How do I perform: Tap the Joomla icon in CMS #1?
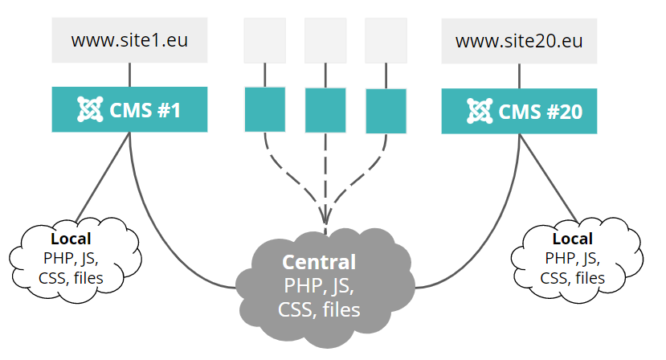(87, 109)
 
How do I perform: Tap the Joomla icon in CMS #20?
(479, 110)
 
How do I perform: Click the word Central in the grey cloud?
(318, 262)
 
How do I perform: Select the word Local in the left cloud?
(71, 239)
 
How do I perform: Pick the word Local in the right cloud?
(573, 239)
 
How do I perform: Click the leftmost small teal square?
(264, 109)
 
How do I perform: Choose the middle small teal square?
(325, 110)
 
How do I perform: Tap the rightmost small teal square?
(386, 111)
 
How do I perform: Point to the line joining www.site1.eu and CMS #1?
(129, 76)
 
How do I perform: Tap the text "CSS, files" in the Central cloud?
(318, 309)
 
